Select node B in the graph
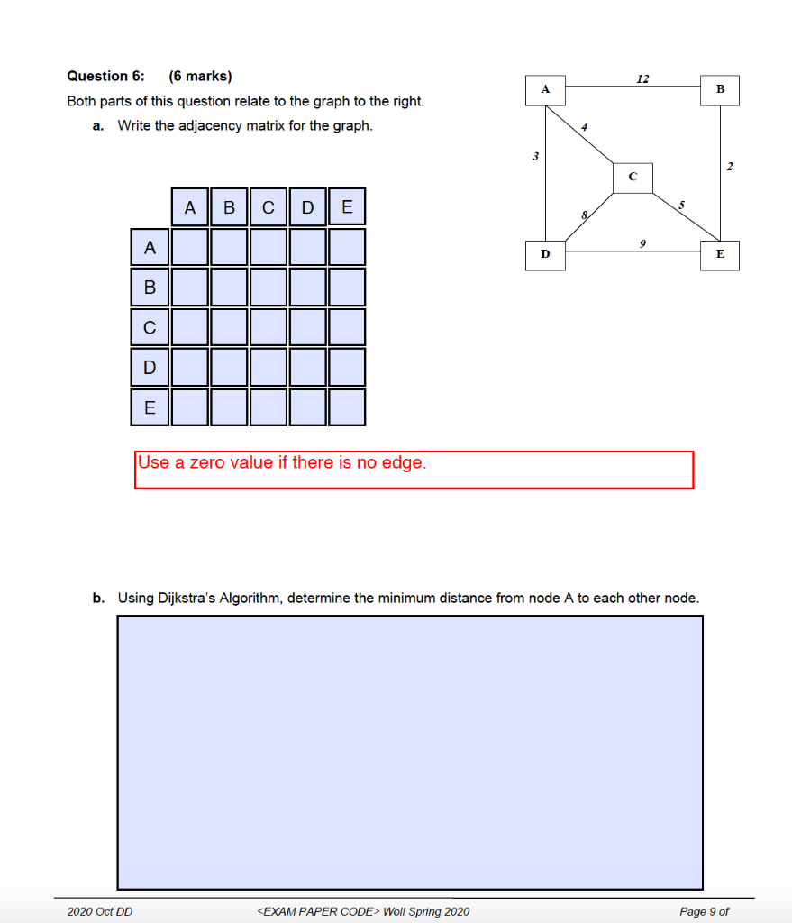(720, 90)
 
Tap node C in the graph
(632, 177)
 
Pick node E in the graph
(720, 255)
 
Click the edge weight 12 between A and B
(642, 78)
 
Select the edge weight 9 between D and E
(641, 242)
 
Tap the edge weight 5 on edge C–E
(681, 206)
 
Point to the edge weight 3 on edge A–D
(535, 157)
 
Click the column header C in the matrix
(269, 207)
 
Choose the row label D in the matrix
(150, 367)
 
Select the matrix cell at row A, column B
(229, 246)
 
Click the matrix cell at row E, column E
(347, 407)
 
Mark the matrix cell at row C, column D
(307, 327)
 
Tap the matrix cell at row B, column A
(189, 287)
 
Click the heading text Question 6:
(105, 77)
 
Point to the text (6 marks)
(200, 77)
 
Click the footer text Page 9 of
(704, 911)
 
